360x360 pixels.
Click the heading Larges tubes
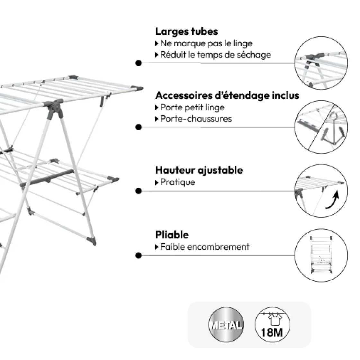(186, 32)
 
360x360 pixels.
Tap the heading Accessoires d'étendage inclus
(227, 95)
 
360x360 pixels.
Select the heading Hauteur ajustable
(199, 170)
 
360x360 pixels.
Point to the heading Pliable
(172, 235)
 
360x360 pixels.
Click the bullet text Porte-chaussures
(196, 119)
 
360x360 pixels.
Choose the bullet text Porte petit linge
(192, 107)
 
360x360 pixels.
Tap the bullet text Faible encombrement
(204, 247)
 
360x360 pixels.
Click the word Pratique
(177, 182)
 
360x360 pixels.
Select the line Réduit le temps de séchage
(215, 55)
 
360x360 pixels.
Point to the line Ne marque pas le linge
(206, 43)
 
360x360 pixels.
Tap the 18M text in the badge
(272, 332)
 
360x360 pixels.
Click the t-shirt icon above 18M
(272, 319)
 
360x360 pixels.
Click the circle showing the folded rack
(320, 256)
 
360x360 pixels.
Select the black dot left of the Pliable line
(139, 256)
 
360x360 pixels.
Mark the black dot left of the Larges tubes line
(139, 63)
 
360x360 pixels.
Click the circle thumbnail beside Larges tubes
(320, 63)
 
